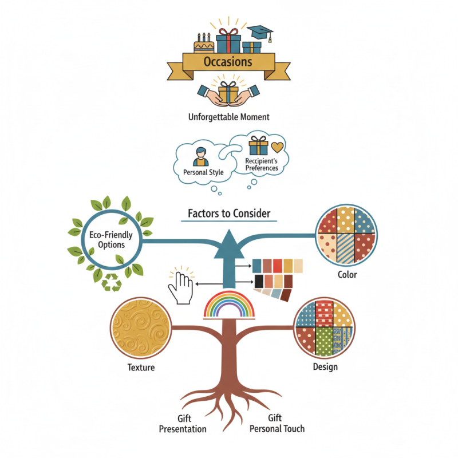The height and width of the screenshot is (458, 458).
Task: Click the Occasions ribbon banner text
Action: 228,62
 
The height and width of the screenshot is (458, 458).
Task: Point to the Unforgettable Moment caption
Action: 228,117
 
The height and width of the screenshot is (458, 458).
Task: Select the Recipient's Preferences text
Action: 261,165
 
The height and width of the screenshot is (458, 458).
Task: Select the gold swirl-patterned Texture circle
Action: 140,327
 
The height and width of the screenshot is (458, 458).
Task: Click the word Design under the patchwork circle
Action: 325,367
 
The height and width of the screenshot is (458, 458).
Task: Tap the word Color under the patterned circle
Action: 347,275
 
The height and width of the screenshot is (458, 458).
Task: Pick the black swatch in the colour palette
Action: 259,281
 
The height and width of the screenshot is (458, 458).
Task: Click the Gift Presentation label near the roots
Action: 183,424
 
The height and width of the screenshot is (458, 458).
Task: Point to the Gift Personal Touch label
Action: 278,424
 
